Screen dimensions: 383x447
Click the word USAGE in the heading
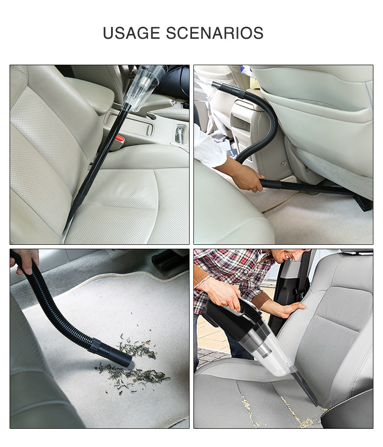pos(131,33)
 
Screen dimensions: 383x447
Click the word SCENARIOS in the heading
pos(214,33)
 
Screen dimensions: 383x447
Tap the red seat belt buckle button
pos(120,139)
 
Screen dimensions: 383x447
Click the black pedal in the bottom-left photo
pos(168,259)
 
